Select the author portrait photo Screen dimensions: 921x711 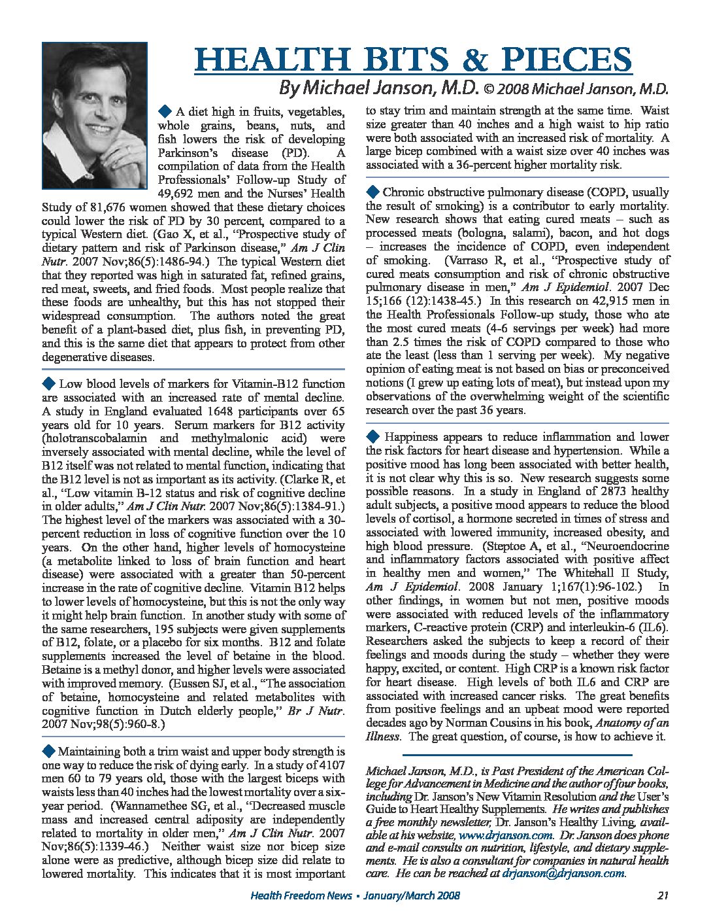click(x=94, y=116)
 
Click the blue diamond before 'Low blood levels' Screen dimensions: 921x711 click(x=49, y=383)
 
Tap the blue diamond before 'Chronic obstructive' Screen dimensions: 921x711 click(x=373, y=191)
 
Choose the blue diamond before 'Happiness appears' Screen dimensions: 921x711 click(x=373, y=436)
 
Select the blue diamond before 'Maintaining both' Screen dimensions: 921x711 click(x=49, y=750)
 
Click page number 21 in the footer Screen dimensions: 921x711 click(x=662, y=895)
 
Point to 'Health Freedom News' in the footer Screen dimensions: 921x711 click(x=301, y=895)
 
